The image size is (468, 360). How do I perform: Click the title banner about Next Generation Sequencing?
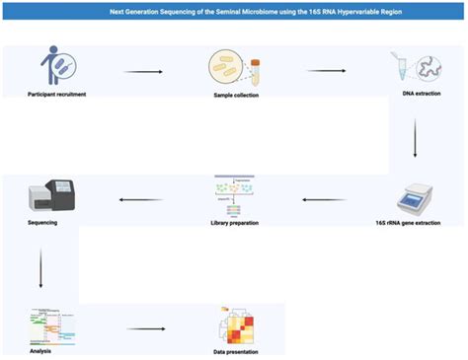pos(234,15)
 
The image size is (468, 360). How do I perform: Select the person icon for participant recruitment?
pos(57,67)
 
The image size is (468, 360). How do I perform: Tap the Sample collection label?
pos(235,95)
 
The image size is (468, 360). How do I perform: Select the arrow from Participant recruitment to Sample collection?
pos(142,72)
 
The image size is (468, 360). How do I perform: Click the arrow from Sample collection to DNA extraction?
pos(326,71)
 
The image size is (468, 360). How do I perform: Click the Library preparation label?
pos(235,223)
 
